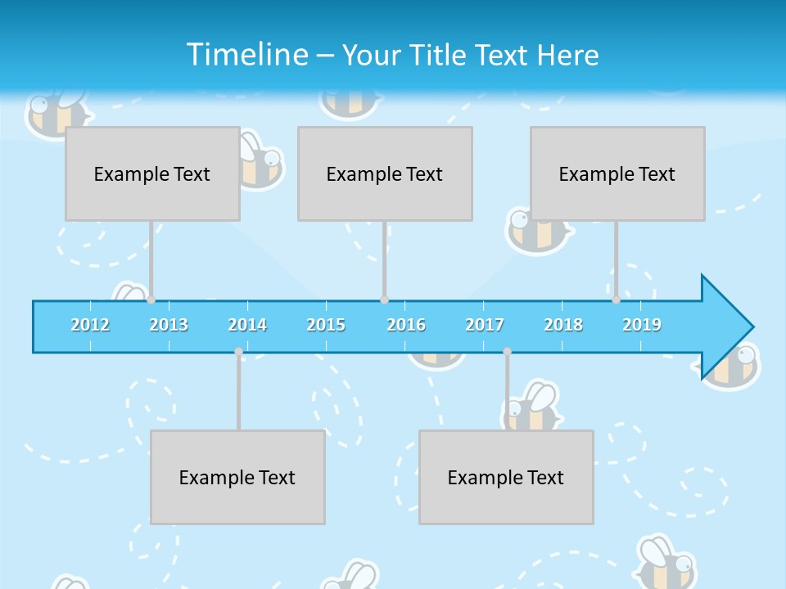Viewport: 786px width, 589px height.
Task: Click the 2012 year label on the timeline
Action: tap(90, 325)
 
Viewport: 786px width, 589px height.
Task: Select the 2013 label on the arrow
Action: tap(169, 325)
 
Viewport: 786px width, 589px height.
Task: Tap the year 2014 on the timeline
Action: tap(247, 325)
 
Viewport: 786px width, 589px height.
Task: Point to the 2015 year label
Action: tap(326, 325)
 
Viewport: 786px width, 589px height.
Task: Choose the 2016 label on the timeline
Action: tap(406, 325)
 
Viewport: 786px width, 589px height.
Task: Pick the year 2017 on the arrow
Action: tap(485, 325)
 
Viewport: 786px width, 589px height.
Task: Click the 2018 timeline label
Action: tap(563, 325)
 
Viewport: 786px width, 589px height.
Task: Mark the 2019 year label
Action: tap(642, 325)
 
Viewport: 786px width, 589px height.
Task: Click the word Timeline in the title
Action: tap(246, 55)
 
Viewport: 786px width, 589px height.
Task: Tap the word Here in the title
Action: tap(568, 55)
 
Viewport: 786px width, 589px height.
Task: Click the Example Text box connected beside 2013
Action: tap(152, 173)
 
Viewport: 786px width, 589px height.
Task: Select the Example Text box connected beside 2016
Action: tap(385, 173)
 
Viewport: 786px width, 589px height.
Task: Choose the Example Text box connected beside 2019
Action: tap(617, 173)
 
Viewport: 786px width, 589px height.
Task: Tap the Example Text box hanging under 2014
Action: tap(237, 477)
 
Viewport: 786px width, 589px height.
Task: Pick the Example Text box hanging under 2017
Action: tap(506, 477)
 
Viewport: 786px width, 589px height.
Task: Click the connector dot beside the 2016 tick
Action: tap(384, 300)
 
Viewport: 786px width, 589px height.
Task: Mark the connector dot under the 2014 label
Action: tap(238, 352)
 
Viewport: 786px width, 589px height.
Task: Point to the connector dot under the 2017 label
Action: tap(507, 352)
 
